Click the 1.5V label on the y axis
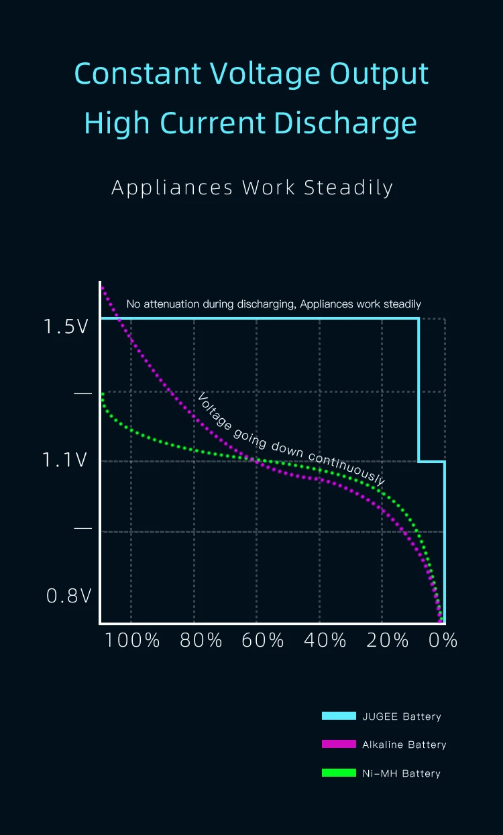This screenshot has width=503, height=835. (66, 327)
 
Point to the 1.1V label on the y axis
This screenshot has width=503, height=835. (65, 460)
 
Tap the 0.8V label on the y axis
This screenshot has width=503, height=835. (68, 596)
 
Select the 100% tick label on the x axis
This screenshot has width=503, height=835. (133, 641)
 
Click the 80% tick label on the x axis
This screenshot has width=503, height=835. (201, 641)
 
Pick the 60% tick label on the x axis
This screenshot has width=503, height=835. (263, 641)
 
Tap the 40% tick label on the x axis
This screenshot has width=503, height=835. (325, 641)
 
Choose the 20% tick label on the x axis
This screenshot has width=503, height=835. (388, 641)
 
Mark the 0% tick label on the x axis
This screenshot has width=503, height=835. (443, 641)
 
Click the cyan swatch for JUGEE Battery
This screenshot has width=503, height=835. (339, 716)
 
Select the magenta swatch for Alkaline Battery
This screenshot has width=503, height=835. (339, 745)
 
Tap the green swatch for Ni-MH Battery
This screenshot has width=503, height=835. (339, 773)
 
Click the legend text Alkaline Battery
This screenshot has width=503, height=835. (404, 745)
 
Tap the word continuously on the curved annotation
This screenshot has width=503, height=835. (347, 466)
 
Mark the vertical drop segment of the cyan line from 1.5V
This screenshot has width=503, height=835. (418, 389)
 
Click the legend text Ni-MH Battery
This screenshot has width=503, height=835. (401, 773)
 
